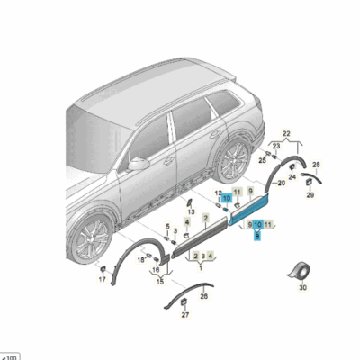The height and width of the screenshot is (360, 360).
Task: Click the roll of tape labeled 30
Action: [x=301, y=270]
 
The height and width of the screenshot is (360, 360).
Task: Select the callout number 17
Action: [x=101, y=280]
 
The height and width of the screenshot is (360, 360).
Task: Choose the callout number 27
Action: [x=186, y=315]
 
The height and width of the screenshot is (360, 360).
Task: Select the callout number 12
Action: [x=219, y=193]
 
